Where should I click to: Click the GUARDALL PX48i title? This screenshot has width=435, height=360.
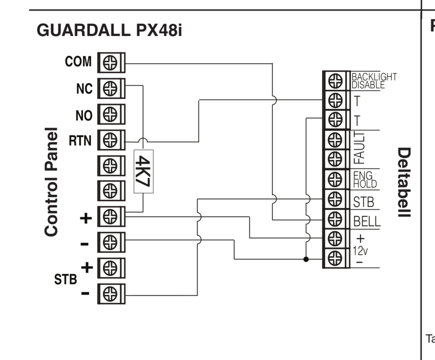[109, 31]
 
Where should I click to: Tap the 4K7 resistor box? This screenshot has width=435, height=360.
[143, 172]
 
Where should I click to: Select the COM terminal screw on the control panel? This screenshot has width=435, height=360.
[110, 63]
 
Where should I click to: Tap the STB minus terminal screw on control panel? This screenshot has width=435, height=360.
[110, 293]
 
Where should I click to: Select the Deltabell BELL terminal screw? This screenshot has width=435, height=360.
[335, 220]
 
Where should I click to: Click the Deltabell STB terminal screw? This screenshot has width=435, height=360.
[335, 201]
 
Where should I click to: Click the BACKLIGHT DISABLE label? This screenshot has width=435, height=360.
[375, 81]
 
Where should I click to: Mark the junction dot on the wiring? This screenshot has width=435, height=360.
[306, 259]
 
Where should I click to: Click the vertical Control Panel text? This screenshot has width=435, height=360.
[51, 182]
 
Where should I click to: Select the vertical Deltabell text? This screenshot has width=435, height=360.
[404, 182]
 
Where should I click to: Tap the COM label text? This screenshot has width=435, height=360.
[78, 62]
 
